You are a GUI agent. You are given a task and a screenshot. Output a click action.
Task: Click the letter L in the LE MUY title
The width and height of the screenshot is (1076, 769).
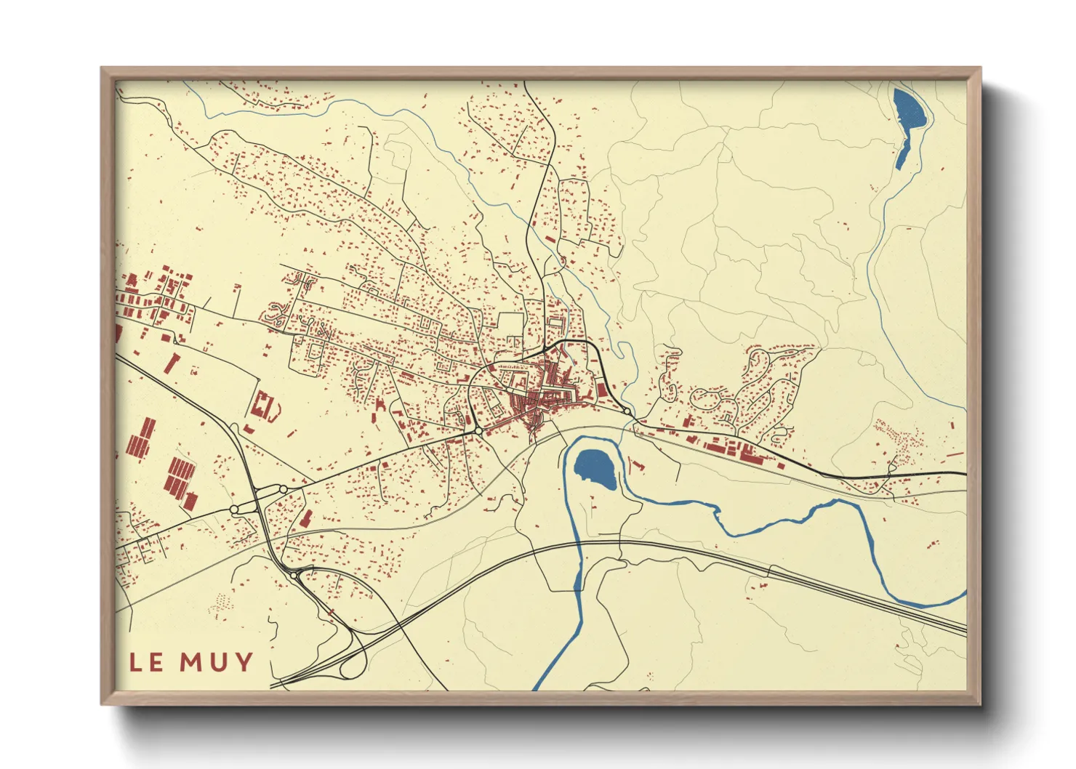[136, 662]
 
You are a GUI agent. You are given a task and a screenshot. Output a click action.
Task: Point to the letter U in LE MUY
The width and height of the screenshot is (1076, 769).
[220, 662]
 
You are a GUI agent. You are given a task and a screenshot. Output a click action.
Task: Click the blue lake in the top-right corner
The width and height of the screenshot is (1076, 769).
[910, 109]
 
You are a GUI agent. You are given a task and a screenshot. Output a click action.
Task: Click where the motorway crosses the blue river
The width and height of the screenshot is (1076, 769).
[578, 544]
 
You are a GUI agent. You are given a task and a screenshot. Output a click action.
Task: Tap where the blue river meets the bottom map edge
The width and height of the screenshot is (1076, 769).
[537, 688]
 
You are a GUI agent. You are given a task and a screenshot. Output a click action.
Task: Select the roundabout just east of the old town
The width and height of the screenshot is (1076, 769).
[627, 411]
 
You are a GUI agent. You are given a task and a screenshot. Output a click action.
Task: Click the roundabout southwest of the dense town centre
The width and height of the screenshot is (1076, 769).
[478, 431]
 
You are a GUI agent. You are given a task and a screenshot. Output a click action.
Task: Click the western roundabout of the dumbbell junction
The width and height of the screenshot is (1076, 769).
[235, 510]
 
